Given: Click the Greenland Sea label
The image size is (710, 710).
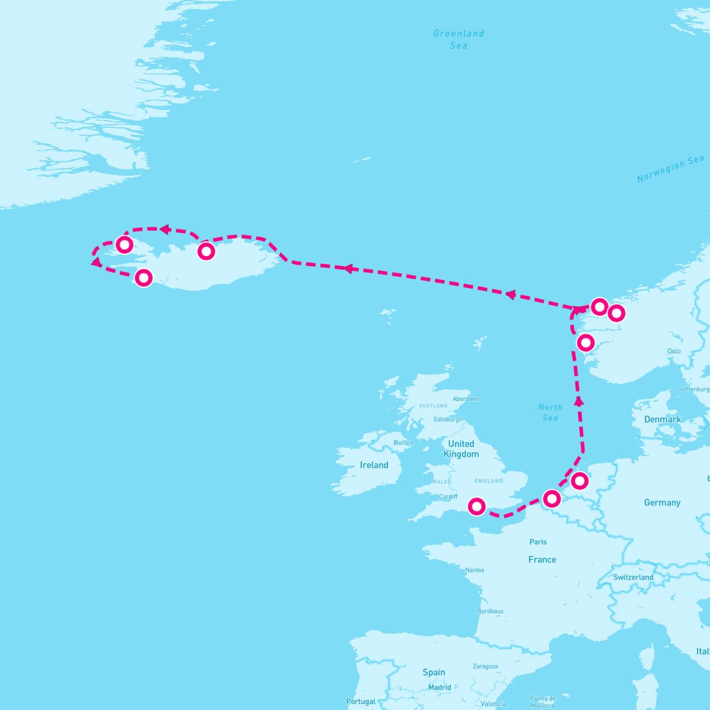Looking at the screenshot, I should click(459, 39).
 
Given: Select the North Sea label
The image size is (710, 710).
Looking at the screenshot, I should click(550, 412).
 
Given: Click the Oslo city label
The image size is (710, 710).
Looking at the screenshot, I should click(674, 351).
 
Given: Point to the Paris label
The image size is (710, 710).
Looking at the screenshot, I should click(538, 541).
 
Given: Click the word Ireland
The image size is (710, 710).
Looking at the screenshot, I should click(374, 465).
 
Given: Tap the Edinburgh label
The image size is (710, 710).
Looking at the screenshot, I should click(448, 419).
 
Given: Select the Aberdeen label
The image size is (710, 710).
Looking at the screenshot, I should click(466, 399).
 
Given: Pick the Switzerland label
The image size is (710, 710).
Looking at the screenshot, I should click(633, 577).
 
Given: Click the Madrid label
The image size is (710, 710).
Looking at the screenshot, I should click(440, 688).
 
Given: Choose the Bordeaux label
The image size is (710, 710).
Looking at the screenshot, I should click(490, 611).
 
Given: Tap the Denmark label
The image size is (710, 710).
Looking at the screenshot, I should click(663, 419).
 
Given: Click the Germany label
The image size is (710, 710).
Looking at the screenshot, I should click(662, 502).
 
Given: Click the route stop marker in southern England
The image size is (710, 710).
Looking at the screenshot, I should click(477, 506).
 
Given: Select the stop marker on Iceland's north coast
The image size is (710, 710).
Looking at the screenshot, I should click(206, 251).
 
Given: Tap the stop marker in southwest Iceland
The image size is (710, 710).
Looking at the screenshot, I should click(144, 277).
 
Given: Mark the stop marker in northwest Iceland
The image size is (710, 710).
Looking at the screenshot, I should click(124, 244).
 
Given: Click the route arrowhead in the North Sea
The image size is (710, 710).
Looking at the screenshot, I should click(579, 401).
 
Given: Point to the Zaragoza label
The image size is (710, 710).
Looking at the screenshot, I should click(485, 666).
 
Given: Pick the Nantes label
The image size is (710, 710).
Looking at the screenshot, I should click(475, 570).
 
